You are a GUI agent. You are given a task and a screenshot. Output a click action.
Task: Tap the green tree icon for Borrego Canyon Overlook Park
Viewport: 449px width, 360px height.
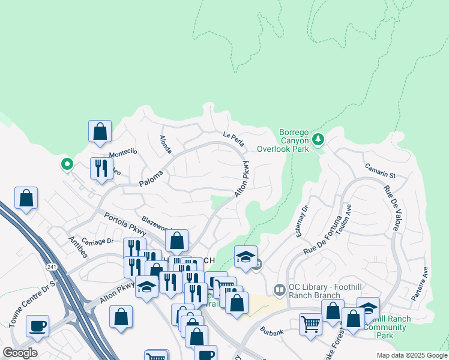point(318,140)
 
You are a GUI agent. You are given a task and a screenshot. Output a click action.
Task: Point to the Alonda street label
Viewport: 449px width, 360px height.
point(165,144)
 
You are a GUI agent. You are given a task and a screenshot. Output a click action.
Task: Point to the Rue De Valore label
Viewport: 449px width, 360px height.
point(392,206)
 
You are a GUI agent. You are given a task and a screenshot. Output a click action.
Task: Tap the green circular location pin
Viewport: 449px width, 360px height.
point(67,163)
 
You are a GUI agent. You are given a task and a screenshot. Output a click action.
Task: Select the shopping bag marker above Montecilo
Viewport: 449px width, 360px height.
point(100,131)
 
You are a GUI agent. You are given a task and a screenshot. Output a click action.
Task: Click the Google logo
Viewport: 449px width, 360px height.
point(20,353)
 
